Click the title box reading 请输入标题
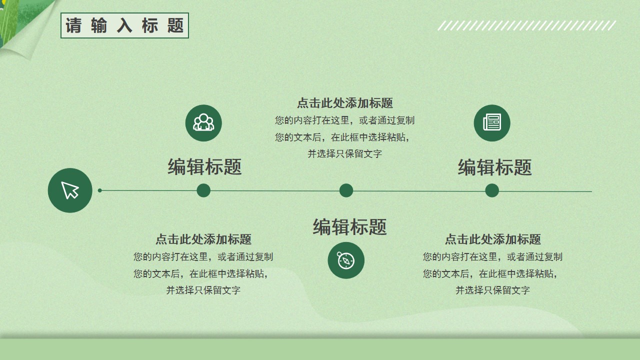[124, 25]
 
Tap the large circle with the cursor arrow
[70, 190]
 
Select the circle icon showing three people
[203, 123]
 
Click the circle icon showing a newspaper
[492, 123]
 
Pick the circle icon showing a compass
[346, 260]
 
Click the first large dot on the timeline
[203, 190]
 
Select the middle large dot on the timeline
[346, 190]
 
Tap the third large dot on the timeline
[492, 190]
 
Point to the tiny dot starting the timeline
[99, 190]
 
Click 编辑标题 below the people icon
[204, 167]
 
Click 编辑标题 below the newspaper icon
[494, 167]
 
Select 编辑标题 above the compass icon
[349, 227]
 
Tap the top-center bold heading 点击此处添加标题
[345, 103]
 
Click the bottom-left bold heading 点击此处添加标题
[203, 239]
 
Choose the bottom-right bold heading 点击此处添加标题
[493, 239]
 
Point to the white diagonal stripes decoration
[526, 25]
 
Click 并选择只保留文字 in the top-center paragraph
[345, 154]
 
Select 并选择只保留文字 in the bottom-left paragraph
[203, 290]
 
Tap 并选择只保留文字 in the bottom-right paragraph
[493, 290]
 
